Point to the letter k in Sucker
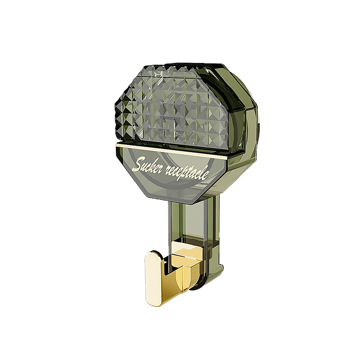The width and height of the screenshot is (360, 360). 153,164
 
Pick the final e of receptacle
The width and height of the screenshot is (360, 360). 206,175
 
